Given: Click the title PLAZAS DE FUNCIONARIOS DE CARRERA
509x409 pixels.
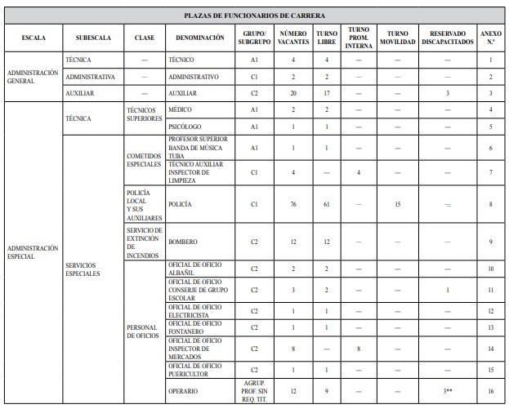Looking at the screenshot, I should (x=254, y=16).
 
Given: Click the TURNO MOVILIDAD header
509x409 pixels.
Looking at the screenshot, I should (x=397, y=38).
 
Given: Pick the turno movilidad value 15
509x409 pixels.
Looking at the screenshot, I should (x=397, y=204).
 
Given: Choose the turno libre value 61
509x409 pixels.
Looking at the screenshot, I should (x=326, y=204).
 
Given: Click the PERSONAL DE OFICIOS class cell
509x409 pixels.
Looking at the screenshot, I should (x=143, y=332).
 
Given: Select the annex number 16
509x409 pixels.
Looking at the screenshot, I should (x=491, y=392).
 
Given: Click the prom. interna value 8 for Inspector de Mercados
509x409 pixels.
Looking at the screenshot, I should (x=359, y=349).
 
